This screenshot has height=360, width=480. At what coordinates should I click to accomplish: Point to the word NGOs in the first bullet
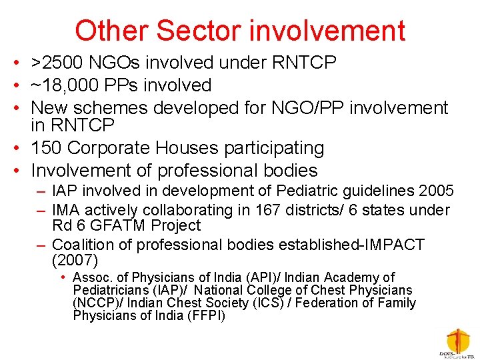click(118, 63)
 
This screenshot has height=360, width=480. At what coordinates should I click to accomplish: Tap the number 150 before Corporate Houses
click(49, 147)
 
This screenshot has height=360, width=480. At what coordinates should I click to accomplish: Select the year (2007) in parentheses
click(75, 260)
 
